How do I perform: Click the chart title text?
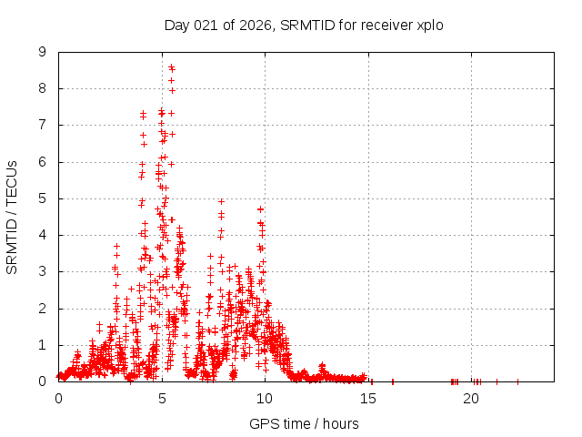pyautogui.click(x=304, y=25)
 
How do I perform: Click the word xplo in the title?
pyautogui.click(x=427, y=25)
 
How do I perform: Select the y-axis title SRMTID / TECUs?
pyautogui.click(x=13, y=217)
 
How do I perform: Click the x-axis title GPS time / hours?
pyautogui.click(x=304, y=423)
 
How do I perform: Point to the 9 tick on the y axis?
pyautogui.click(x=43, y=52)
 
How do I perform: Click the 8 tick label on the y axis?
pyautogui.click(x=43, y=88)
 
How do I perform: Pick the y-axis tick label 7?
pyautogui.click(x=43, y=125)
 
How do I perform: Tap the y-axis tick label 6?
pyautogui.click(x=43, y=162)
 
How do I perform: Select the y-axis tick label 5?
pyautogui.click(x=43, y=198)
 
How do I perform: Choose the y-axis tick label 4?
pyautogui.click(x=43, y=235)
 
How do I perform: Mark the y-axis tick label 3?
pyautogui.click(x=43, y=271)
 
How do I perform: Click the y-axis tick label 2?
pyautogui.click(x=43, y=309)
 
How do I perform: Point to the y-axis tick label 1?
pyautogui.click(x=43, y=345)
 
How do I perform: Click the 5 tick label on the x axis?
pyautogui.click(x=162, y=399)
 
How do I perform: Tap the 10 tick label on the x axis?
pyautogui.click(x=265, y=399)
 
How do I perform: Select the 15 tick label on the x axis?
pyautogui.click(x=368, y=399)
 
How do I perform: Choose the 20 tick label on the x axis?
pyautogui.click(x=471, y=399)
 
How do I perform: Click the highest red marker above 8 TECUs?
pyautogui.click(x=171, y=67)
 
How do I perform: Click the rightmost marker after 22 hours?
pyautogui.click(x=517, y=381)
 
